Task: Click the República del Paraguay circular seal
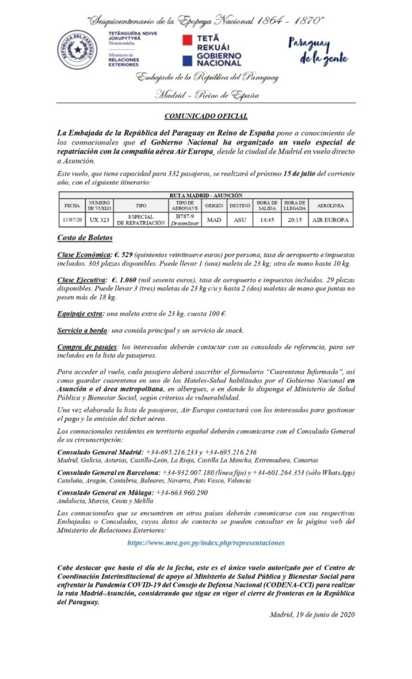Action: click(77, 50)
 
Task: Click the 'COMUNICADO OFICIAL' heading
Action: click(206, 115)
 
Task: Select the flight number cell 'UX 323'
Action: click(99, 219)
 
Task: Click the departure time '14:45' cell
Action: click(267, 219)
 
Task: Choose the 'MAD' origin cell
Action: click(214, 219)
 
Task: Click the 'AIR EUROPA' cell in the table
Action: click(330, 219)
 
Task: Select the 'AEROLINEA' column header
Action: click(330, 206)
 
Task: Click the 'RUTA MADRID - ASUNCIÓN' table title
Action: click(206, 196)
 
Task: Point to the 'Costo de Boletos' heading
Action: click(85, 238)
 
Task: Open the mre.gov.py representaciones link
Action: click(206, 542)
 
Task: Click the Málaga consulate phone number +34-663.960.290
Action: click(181, 493)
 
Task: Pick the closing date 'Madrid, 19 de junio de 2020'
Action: click(312, 615)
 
